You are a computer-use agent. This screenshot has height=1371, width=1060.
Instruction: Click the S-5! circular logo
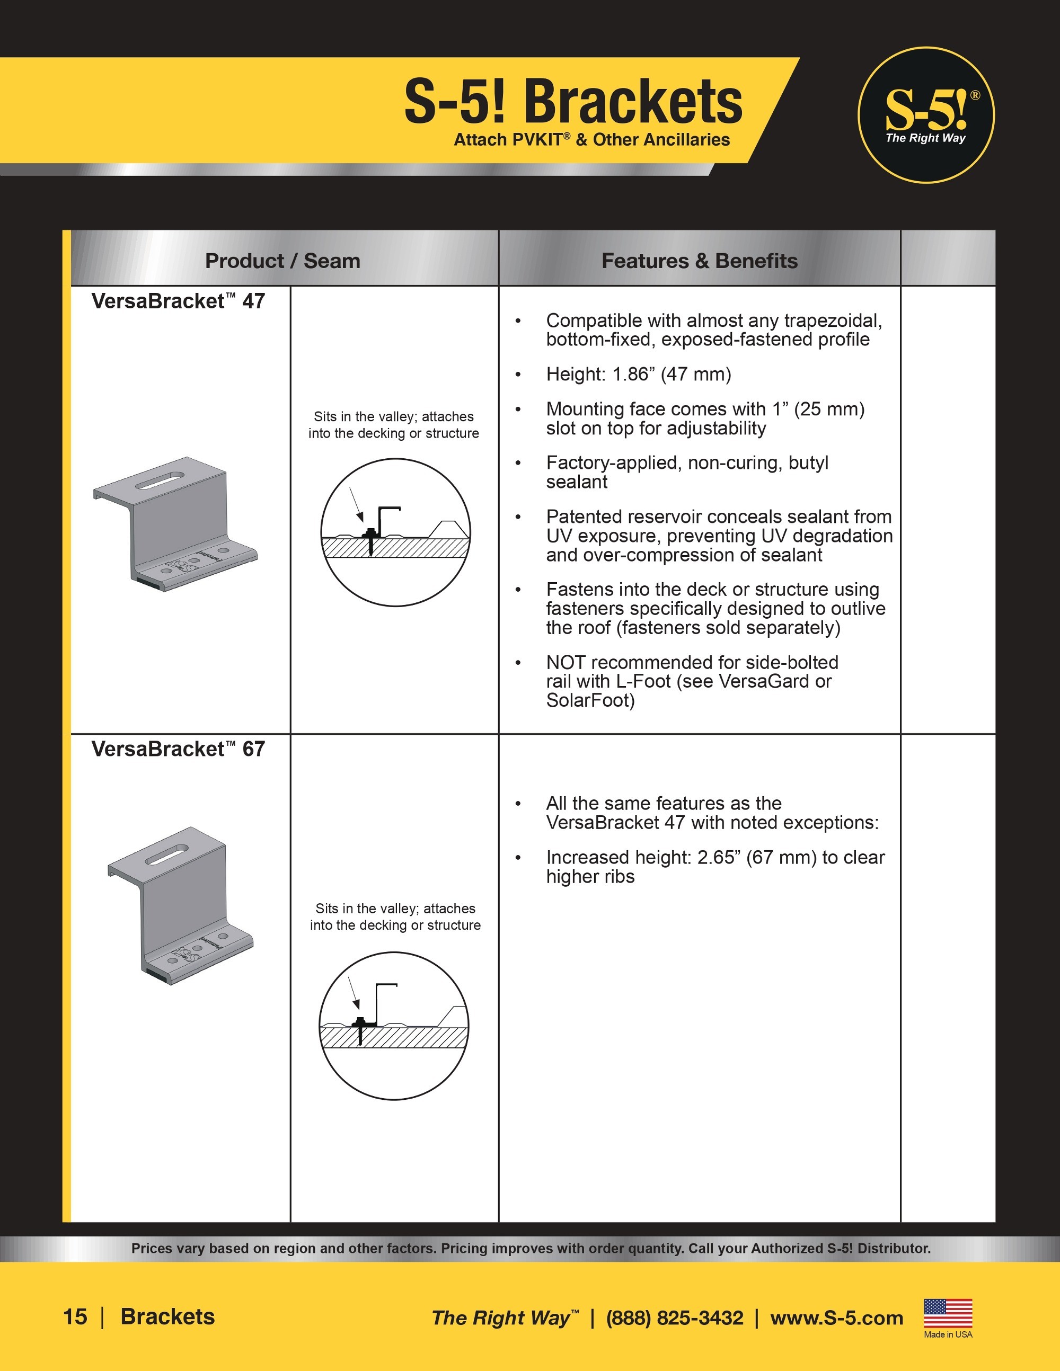(x=925, y=115)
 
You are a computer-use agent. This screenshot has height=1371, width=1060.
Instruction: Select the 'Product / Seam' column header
(x=282, y=261)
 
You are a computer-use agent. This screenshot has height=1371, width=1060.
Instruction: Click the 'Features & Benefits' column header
(x=699, y=261)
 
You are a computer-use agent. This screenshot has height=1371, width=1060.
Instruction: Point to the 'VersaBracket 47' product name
(x=178, y=301)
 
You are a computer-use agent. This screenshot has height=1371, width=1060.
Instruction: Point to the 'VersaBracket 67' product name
(x=178, y=749)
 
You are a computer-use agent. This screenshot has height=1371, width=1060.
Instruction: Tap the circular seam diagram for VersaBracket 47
(x=395, y=532)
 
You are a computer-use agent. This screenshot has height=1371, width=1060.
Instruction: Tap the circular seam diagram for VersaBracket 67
(x=394, y=1026)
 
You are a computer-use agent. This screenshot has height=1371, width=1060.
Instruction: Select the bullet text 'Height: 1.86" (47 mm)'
(x=638, y=374)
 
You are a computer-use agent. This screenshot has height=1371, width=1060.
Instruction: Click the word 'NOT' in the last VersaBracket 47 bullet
(x=566, y=662)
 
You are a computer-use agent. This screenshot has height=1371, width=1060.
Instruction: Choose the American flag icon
(x=948, y=1313)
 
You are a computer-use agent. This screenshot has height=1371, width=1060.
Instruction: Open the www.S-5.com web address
(x=836, y=1317)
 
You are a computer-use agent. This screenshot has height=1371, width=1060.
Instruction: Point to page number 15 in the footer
(x=75, y=1317)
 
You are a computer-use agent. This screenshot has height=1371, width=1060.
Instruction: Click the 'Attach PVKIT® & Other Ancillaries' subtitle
(x=591, y=139)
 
